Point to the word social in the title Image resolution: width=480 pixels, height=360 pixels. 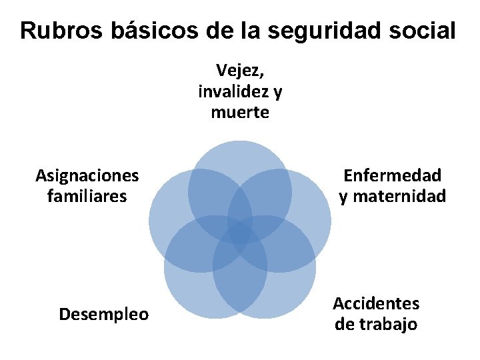coord(421,30)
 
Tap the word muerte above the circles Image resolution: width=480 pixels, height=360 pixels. coord(240,112)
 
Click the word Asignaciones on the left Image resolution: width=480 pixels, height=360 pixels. coord(87,175)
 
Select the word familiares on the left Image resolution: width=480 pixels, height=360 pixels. coord(87,197)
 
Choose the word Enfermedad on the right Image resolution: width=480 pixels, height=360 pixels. coord(392,175)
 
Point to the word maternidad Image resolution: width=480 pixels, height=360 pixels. coord(399,197)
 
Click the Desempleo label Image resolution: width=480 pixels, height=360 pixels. coord(104,314)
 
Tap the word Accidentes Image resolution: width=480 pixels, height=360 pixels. coord(376,304)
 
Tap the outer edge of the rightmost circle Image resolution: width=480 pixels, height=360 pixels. coord(329,221)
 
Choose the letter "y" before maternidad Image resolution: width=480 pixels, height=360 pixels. coord(343,198)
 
